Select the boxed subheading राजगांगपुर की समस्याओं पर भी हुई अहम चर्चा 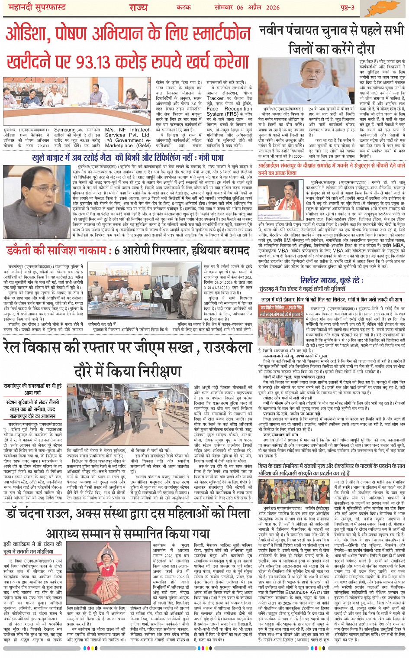click(33, 389)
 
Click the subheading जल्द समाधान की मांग click(280, 434)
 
